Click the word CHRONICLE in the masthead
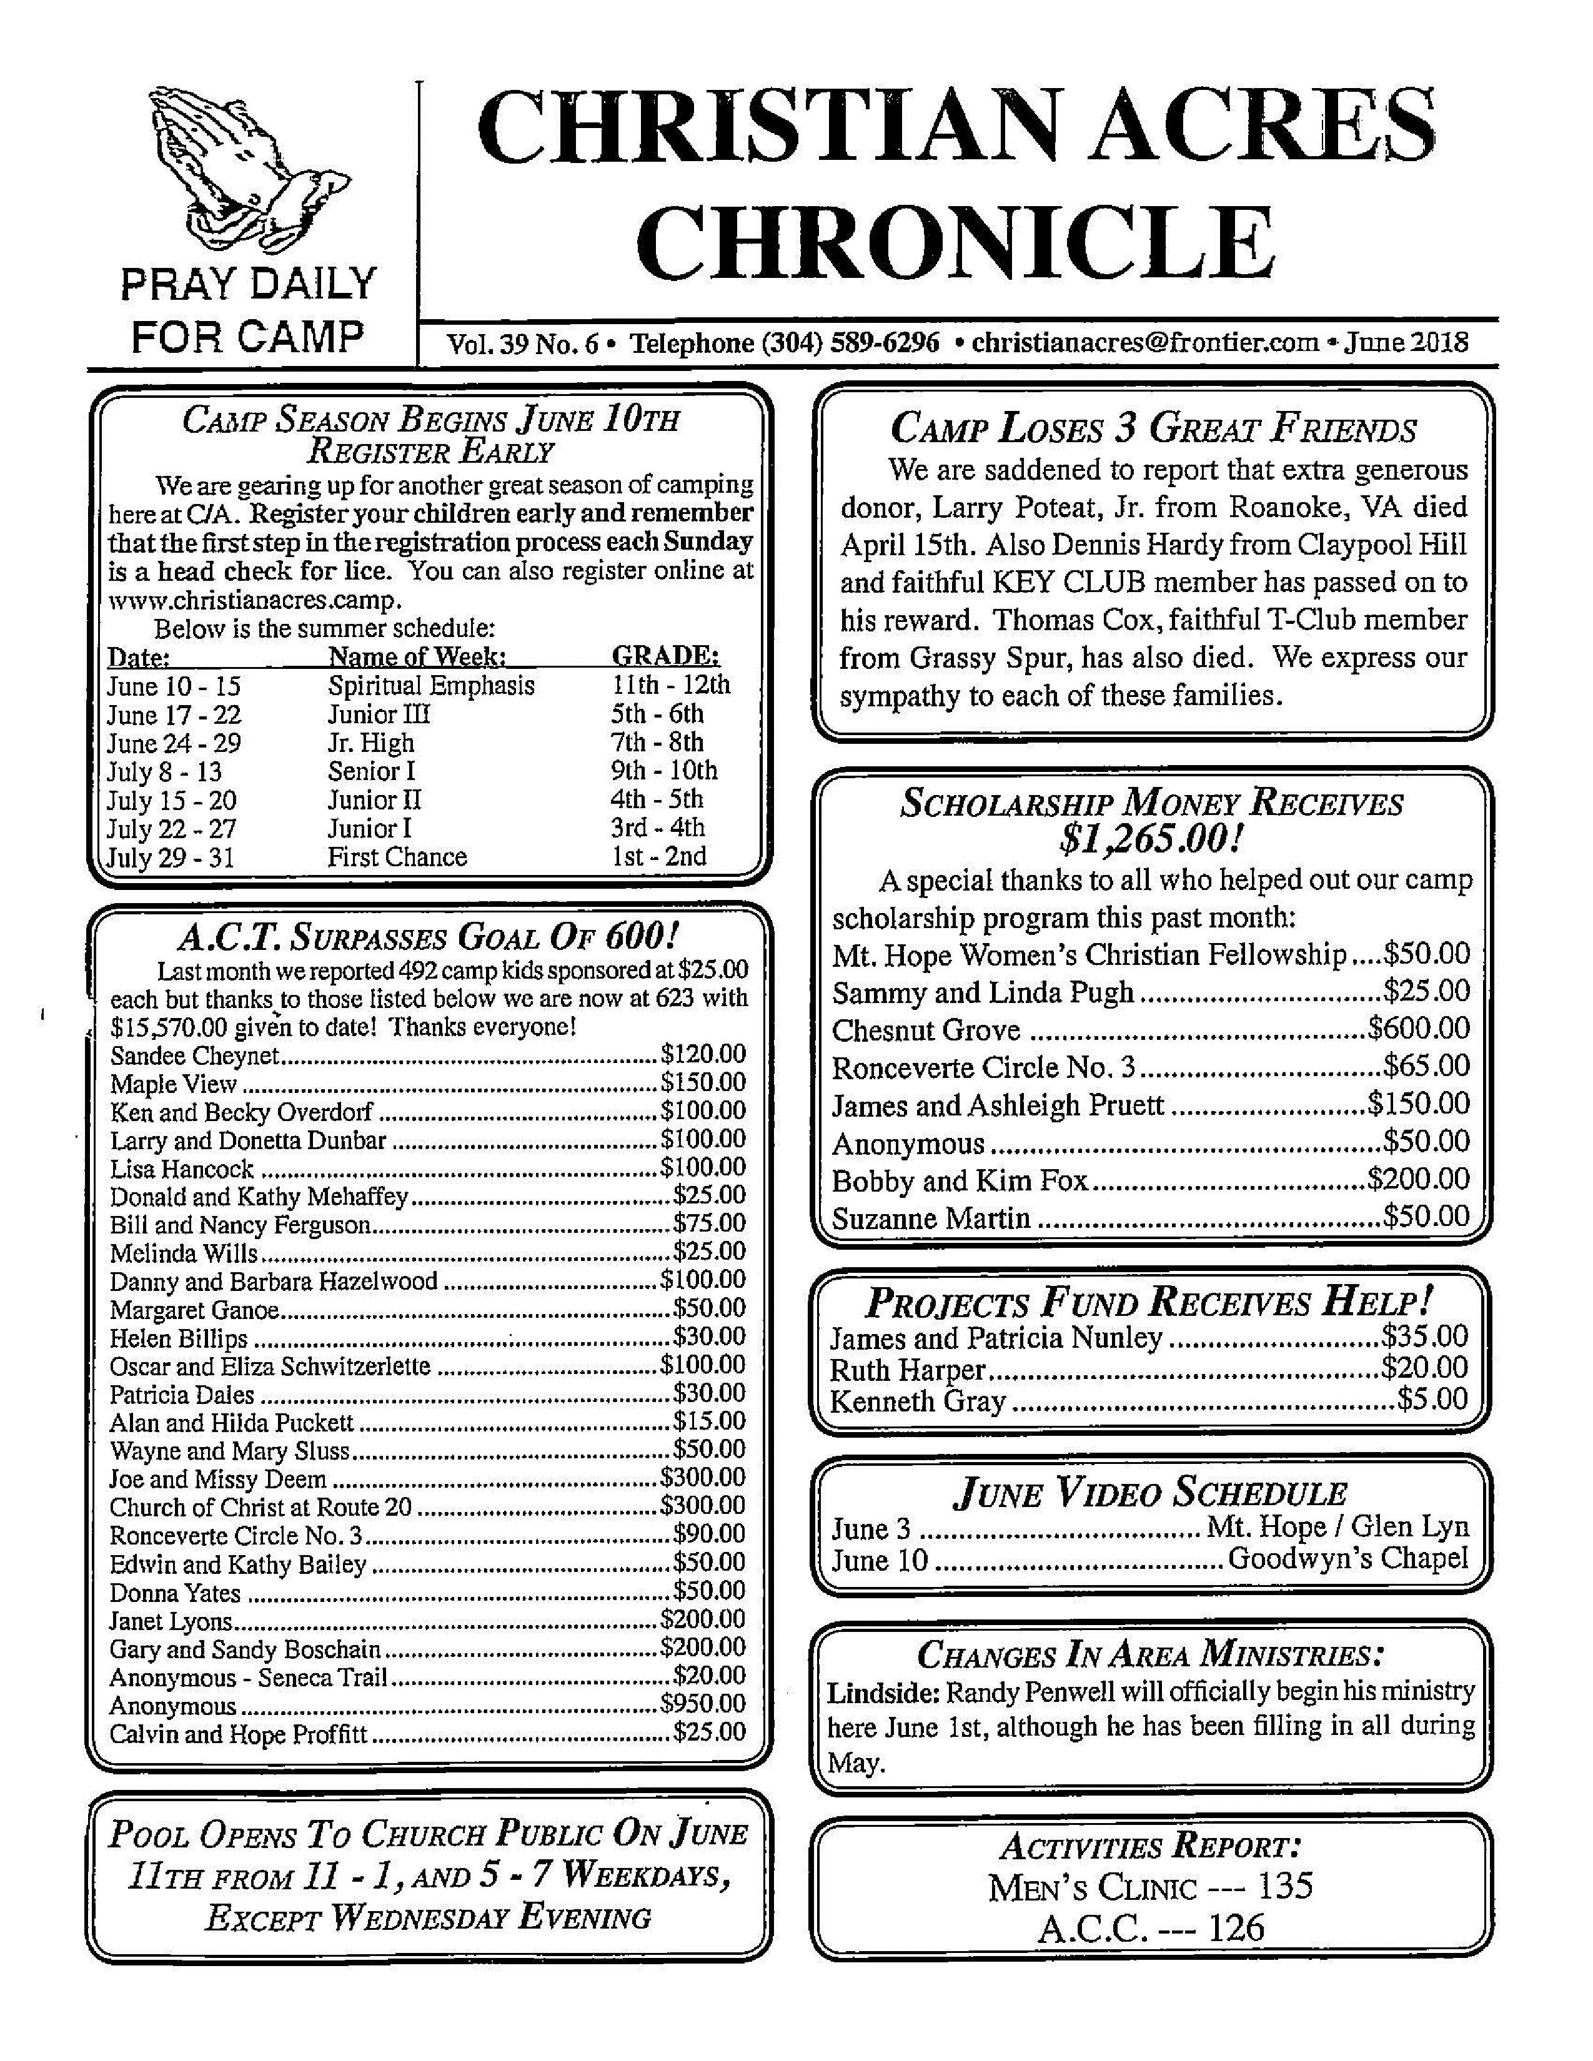[x=955, y=244]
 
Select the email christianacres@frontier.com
[x=1144, y=342]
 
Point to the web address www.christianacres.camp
[x=255, y=600]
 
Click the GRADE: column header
[x=667, y=656]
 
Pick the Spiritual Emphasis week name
[x=431, y=685]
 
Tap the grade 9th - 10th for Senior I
[x=663, y=771]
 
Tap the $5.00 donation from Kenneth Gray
[x=1432, y=1398]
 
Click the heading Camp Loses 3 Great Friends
[x=1153, y=430]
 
